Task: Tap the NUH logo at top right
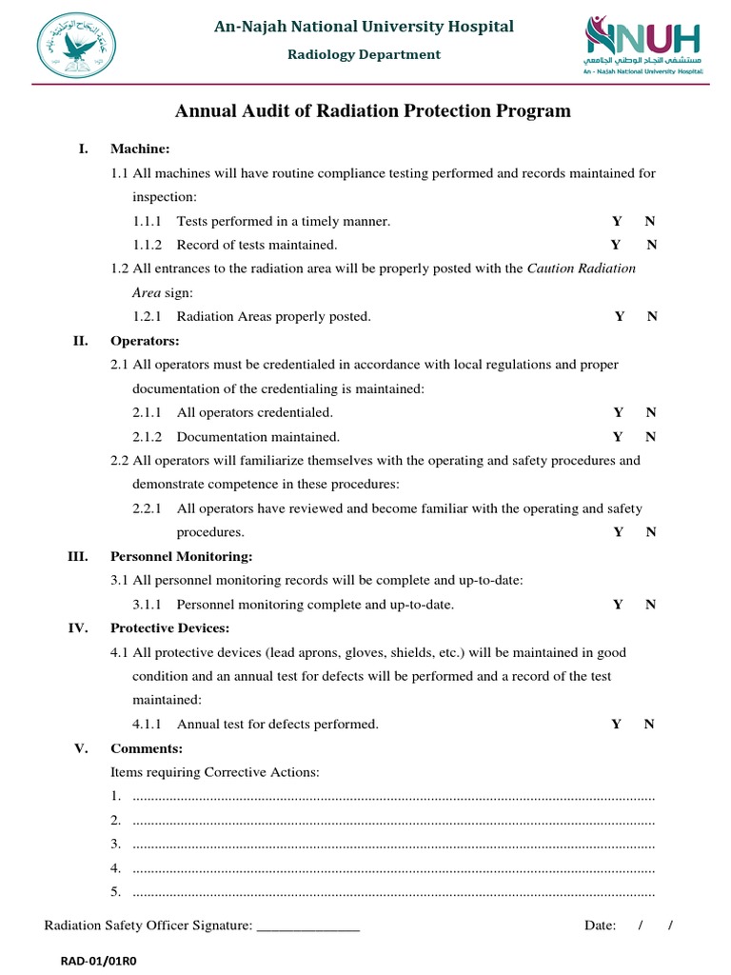click(x=642, y=45)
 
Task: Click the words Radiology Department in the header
click(x=365, y=54)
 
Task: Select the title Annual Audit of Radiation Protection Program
click(x=373, y=111)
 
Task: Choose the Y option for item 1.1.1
click(x=617, y=221)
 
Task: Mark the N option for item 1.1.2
click(x=652, y=245)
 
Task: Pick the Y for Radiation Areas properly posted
click(x=620, y=316)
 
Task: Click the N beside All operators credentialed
click(x=651, y=412)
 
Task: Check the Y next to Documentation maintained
click(x=619, y=437)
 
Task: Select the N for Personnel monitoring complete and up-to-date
click(x=650, y=605)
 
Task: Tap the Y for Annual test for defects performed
click(x=617, y=724)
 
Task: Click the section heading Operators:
click(x=145, y=341)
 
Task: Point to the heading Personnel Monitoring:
click(x=182, y=556)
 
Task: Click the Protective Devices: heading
click(x=169, y=628)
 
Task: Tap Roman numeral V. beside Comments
click(x=81, y=748)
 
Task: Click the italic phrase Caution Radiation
click(x=581, y=269)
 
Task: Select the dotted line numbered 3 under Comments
click(x=393, y=845)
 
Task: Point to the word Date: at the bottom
click(x=600, y=925)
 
